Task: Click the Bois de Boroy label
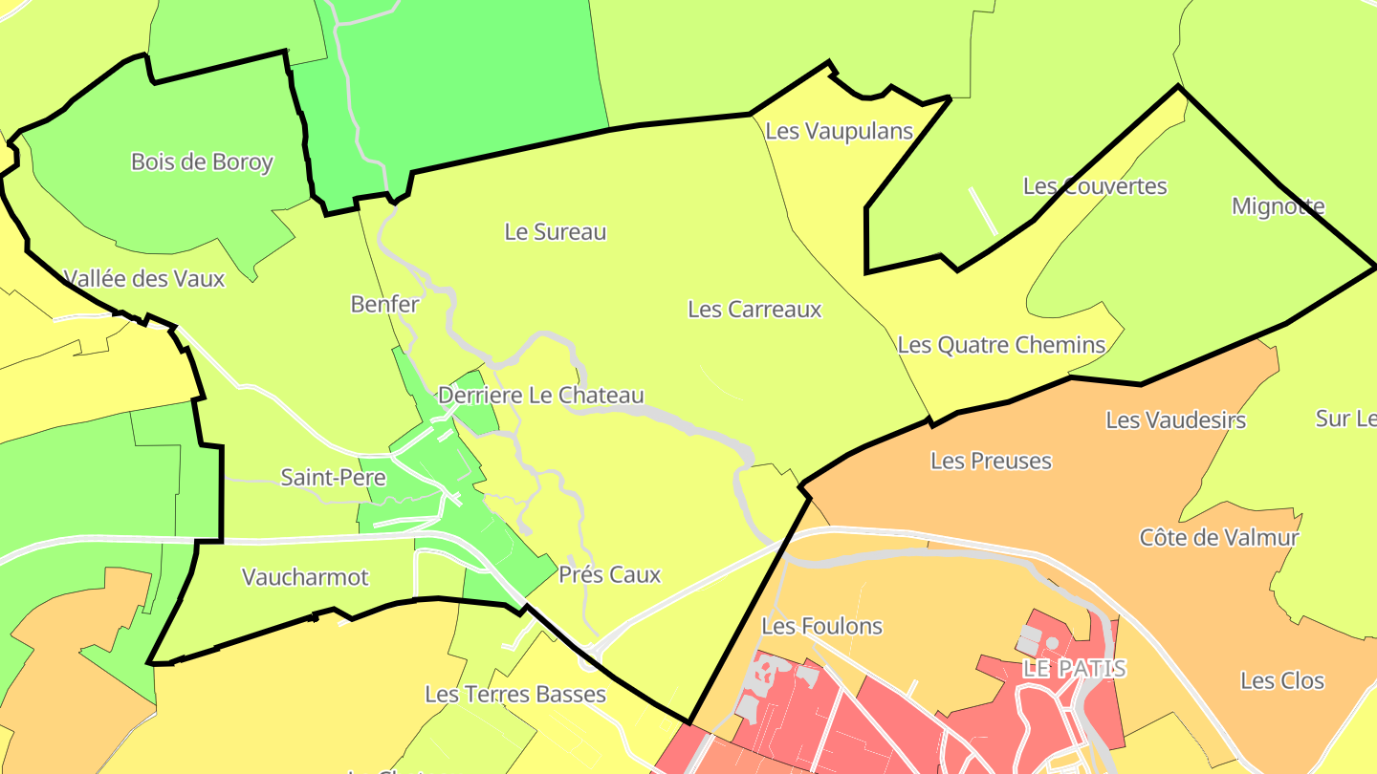point(202,161)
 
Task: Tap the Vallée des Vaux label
point(144,278)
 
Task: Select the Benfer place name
point(384,304)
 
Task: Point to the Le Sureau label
point(556,231)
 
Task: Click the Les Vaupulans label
point(840,131)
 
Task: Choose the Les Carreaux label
point(754,309)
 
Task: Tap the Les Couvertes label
point(1095,185)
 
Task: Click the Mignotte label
point(1279,205)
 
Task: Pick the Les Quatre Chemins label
point(1001,344)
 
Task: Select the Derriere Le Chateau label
point(541,395)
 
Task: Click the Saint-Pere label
point(333,477)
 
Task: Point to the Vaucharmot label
point(305,576)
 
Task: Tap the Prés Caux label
point(609,574)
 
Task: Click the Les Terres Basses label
point(515,693)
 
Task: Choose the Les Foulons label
point(821,626)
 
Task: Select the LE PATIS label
point(1074,667)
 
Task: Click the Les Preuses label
point(991,461)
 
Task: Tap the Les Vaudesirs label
point(1175,419)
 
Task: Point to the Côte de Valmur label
point(1219,537)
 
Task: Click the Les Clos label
point(1282,680)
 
